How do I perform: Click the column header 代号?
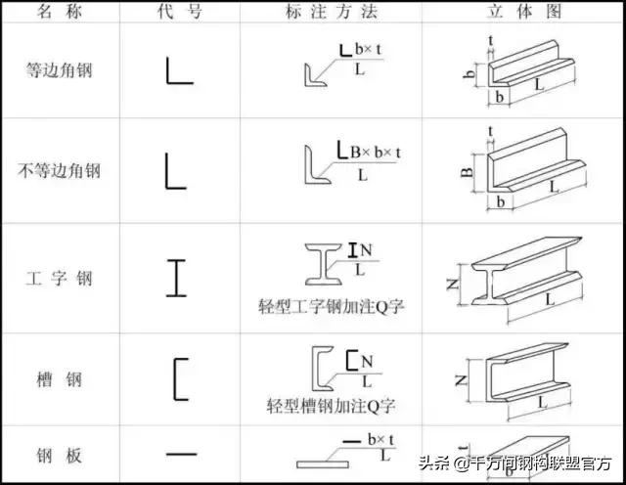tap(179, 11)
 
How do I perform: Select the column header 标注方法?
tap(331, 11)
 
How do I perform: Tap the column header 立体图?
tap(524, 11)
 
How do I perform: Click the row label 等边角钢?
tap(59, 69)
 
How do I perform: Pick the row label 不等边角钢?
tap(59, 170)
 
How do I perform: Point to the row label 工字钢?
tap(59, 279)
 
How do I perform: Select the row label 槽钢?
tap(59, 379)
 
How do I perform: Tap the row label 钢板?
tap(59, 456)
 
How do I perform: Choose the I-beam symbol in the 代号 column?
tap(176, 279)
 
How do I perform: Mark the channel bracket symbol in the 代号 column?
tap(175, 379)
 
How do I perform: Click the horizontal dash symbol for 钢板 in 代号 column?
tap(182, 454)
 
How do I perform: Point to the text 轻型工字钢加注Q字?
tap(331, 307)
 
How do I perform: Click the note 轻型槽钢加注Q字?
tap(331, 406)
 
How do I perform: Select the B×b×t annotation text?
tap(376, 153)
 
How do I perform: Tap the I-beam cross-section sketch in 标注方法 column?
tap(324, 264)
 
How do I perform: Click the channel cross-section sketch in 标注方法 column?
tap(317, 369)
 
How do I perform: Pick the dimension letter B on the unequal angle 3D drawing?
tap(468, 172)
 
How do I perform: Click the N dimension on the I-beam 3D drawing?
tap(453, 284)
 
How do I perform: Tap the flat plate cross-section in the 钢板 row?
tap(323, 464)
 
